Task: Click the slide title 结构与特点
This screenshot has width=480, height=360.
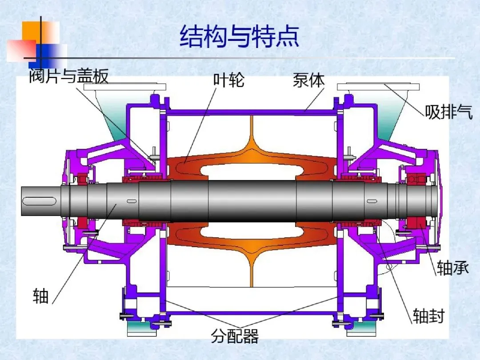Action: (x=240, y=36)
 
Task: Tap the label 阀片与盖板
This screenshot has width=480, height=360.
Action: (x=69, y=77)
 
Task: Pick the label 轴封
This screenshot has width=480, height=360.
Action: (x=428, y=316)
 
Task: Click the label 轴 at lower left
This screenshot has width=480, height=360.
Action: (x=40, y=296)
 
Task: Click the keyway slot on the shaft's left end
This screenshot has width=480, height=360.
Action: (x=40, y=201)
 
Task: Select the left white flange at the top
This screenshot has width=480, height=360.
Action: (x=129, y=88)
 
